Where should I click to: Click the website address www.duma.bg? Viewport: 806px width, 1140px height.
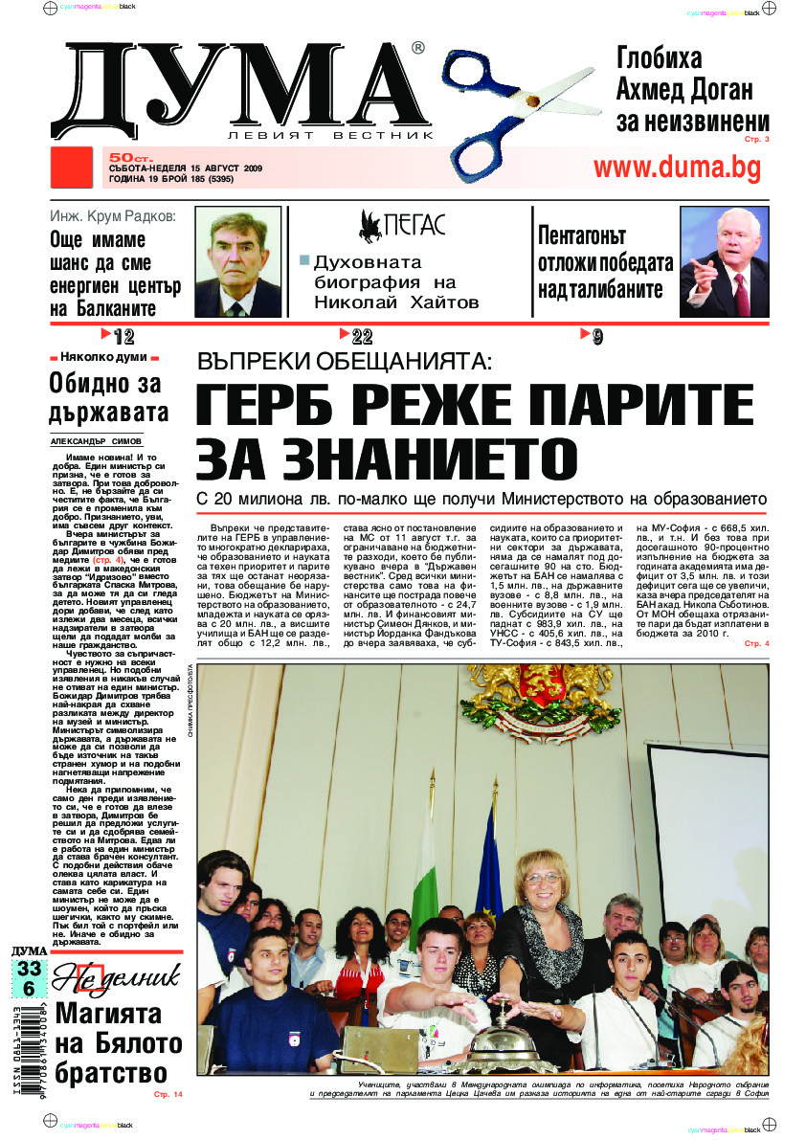click(677, 168)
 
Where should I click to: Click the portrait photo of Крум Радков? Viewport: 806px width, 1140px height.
click(237, 262)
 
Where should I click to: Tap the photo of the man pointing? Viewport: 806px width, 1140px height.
click(724, 262)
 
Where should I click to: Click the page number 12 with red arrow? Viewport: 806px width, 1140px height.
click(117, 336)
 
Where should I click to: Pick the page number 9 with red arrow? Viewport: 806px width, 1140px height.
click(593, 336)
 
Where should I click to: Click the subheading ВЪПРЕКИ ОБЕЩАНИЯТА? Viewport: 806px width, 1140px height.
click(345, 361)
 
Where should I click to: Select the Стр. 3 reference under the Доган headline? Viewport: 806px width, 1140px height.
click(756, 140)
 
